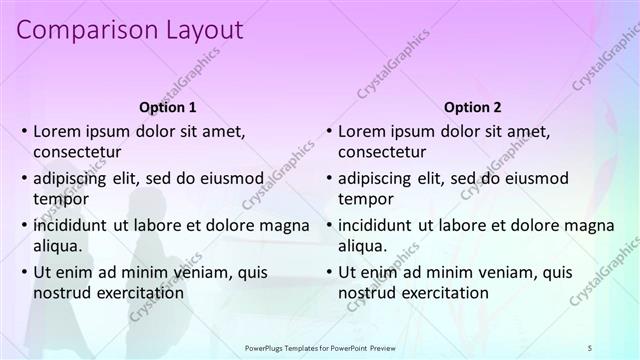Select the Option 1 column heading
tap(166, 107)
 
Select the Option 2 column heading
tap(473, 107)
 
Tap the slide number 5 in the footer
tap(590, 346)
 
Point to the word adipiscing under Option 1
tap(72, 178)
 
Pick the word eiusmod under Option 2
tap(534, 178)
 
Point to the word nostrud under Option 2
tap(367, 293)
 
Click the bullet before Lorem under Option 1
tap(23, 131)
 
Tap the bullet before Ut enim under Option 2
tap(328, 271)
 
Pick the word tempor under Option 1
tap(59, 199)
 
